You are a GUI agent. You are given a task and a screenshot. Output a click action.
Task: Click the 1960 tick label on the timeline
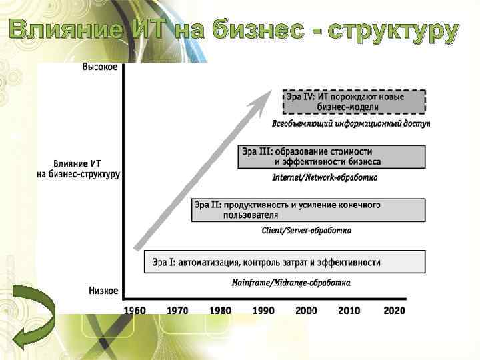click(x=135, y=310)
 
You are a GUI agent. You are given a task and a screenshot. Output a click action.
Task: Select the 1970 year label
click(x=177, y=310)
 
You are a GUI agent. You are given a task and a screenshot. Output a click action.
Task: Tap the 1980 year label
click(x=220, y=310)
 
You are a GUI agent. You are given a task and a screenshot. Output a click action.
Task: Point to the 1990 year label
click(x=263, y=310)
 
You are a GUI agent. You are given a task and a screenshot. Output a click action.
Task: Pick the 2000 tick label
click(x=306, y=310)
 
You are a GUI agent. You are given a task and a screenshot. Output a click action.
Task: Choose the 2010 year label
click(x=349, y=310)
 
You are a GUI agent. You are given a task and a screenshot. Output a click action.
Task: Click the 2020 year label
click(x=393, y=310)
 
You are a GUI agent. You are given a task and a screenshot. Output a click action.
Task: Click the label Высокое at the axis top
click(x=100, y=67)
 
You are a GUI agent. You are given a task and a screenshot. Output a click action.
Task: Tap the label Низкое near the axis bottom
click(x=103, y=291)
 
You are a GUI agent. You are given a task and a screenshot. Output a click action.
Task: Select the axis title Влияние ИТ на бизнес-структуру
click(x=79, y=169)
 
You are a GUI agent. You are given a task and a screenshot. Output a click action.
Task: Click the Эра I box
click(x=284, y=261)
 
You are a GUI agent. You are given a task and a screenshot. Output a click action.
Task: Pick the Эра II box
click(x=308, y=209)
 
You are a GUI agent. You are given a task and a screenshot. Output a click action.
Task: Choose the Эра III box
click(x=331, y=157)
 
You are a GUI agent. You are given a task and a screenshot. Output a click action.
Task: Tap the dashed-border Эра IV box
click(x=353, y=102)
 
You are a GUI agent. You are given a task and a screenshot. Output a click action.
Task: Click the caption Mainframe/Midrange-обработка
click(x=291, y=283)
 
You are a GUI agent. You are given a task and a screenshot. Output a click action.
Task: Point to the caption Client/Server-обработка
click(x=307, y=231)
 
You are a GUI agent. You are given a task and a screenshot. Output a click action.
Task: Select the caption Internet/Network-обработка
click(x=325, y=177)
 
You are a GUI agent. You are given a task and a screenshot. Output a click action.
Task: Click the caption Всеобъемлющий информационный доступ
click(x=351, y=124)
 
